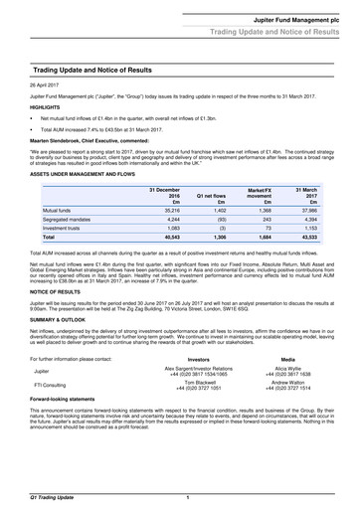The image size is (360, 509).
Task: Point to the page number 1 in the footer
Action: pos(188,494)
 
